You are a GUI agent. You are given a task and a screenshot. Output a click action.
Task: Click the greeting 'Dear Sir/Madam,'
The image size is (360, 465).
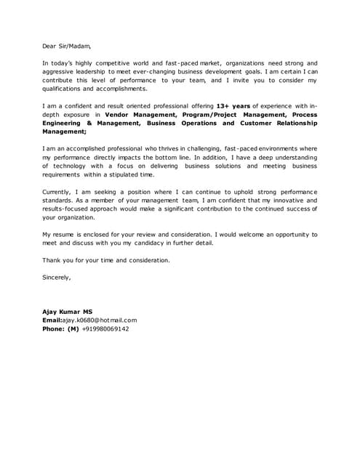(x=67, y=45)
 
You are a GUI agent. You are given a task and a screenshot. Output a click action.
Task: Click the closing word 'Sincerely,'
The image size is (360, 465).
(x=57, y=277)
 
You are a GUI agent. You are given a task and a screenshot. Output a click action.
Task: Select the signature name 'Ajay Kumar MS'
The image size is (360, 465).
(x=68, y=311)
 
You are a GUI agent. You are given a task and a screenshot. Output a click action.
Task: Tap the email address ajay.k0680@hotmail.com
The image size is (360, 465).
(x=99, y=320)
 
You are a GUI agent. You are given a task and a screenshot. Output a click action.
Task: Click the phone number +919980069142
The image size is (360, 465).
(x=105, y=328)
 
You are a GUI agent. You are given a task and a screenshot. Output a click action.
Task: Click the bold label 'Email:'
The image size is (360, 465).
(x=52, y=320)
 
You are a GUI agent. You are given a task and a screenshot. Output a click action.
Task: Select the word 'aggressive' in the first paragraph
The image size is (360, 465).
(x=60, y=72)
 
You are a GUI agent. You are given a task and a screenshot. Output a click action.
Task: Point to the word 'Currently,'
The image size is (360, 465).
(x=59, y=191)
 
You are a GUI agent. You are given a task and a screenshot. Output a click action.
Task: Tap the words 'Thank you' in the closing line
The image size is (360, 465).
(x=58, y=259)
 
